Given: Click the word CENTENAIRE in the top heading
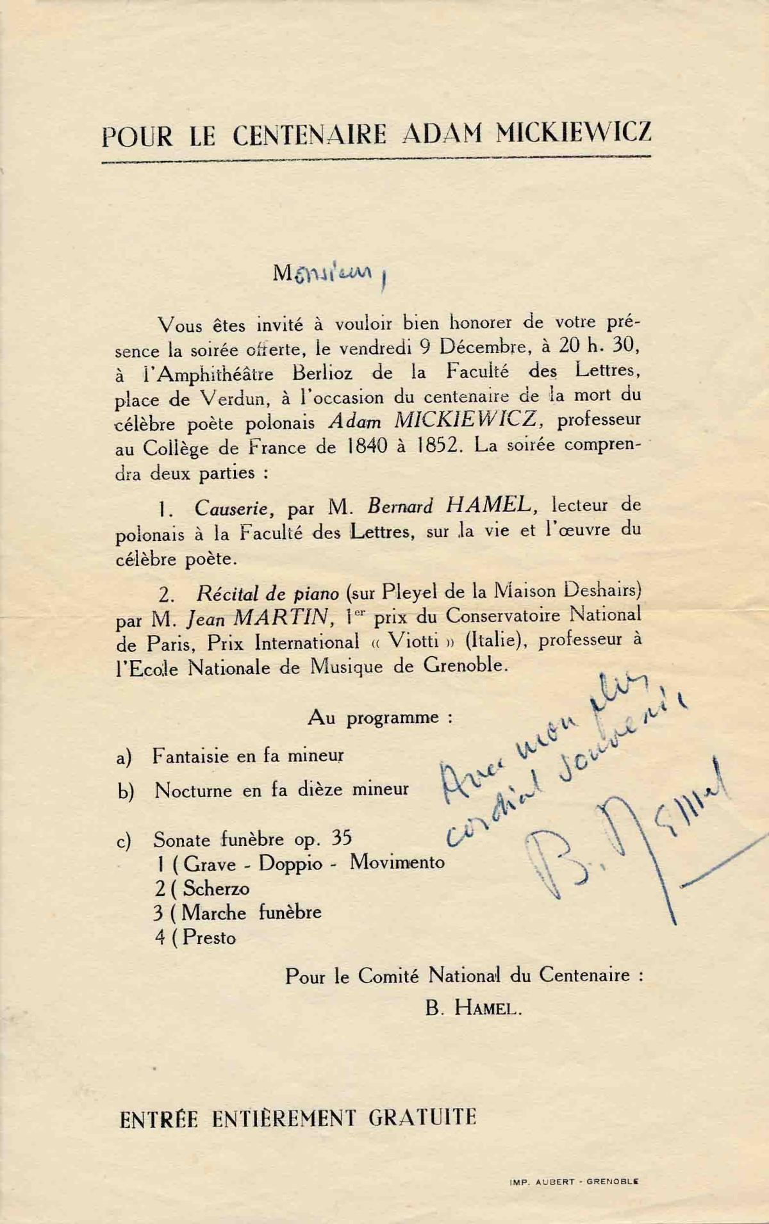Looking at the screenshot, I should point(310,135).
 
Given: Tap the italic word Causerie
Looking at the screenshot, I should point(235,508).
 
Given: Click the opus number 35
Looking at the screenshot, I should point(342,839).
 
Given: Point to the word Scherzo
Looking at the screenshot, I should point(216,888).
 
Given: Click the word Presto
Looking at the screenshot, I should point(210,938).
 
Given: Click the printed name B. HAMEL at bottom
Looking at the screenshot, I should point(473,1009).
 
